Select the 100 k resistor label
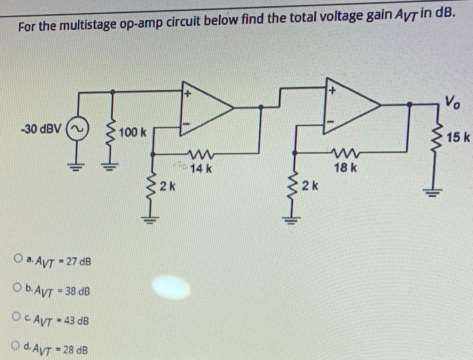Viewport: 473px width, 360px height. [x=133, y=133]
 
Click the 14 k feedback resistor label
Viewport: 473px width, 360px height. [x=201, y=168]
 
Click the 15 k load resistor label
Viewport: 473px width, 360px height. [x=459, y=136]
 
